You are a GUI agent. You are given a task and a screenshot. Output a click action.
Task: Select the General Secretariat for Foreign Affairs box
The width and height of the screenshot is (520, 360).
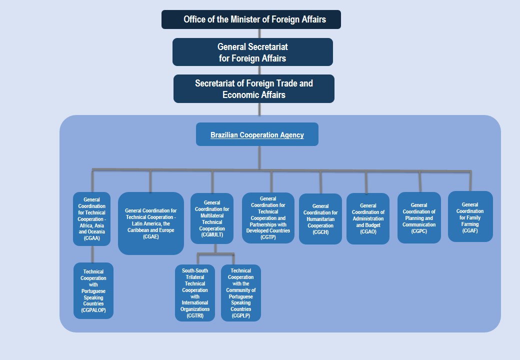(252, 52)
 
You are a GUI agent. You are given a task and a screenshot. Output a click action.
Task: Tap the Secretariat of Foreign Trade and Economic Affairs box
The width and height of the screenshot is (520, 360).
(253, 88)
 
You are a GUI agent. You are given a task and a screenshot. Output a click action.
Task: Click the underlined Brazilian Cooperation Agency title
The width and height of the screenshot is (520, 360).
(257, 135)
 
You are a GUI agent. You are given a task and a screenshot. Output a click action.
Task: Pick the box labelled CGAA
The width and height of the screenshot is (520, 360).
(92, 219)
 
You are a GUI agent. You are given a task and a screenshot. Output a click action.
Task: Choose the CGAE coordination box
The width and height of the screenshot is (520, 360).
(150, 223)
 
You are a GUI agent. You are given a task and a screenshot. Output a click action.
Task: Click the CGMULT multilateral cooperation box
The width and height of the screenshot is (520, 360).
(212, 218)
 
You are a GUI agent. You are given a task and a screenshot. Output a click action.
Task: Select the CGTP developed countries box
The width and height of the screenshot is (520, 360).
(268, 218)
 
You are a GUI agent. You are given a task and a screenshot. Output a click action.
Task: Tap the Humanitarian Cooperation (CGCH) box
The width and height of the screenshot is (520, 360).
(320, 219)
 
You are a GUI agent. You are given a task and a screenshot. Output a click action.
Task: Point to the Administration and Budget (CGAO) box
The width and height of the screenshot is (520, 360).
(368, 218)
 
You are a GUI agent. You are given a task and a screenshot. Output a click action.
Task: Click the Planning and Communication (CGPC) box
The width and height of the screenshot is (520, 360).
(419, 218)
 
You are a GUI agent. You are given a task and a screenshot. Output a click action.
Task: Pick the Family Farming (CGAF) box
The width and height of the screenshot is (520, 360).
(470, 216)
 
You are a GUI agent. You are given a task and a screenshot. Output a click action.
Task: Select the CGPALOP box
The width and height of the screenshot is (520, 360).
(93, 290)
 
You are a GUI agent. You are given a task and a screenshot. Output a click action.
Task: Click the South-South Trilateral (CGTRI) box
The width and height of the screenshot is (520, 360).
(195, 293)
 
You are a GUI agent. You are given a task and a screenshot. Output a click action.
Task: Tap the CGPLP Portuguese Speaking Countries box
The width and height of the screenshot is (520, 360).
(240, 293)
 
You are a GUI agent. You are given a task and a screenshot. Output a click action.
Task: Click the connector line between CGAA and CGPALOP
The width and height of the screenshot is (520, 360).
(92, 254)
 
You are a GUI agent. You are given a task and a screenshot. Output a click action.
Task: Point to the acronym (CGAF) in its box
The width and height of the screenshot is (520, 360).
(470, 231)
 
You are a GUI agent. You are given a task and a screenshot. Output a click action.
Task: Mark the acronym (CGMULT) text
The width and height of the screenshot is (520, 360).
(212, 234)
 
